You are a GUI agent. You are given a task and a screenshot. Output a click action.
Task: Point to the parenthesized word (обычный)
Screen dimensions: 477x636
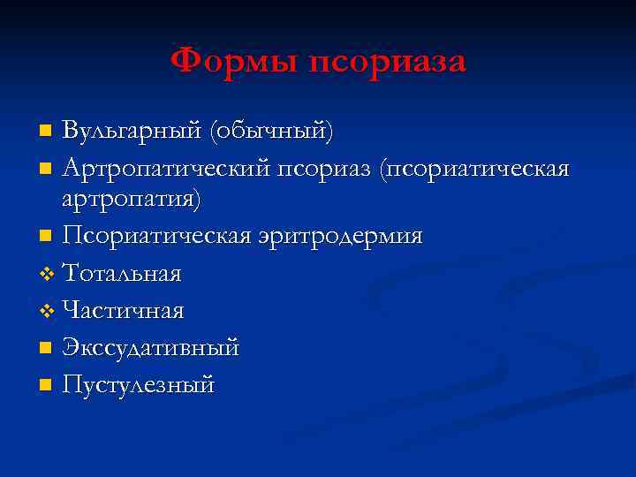tap(270, 132)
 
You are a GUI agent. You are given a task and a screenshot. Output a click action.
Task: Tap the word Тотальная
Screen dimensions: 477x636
tap(122, 274)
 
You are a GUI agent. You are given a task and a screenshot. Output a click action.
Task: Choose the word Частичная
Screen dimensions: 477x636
tap(123, 311)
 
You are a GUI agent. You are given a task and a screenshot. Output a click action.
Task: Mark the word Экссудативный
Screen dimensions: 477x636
tap(151, 348)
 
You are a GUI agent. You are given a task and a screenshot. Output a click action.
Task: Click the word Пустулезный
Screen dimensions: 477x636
tap(139, 385)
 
